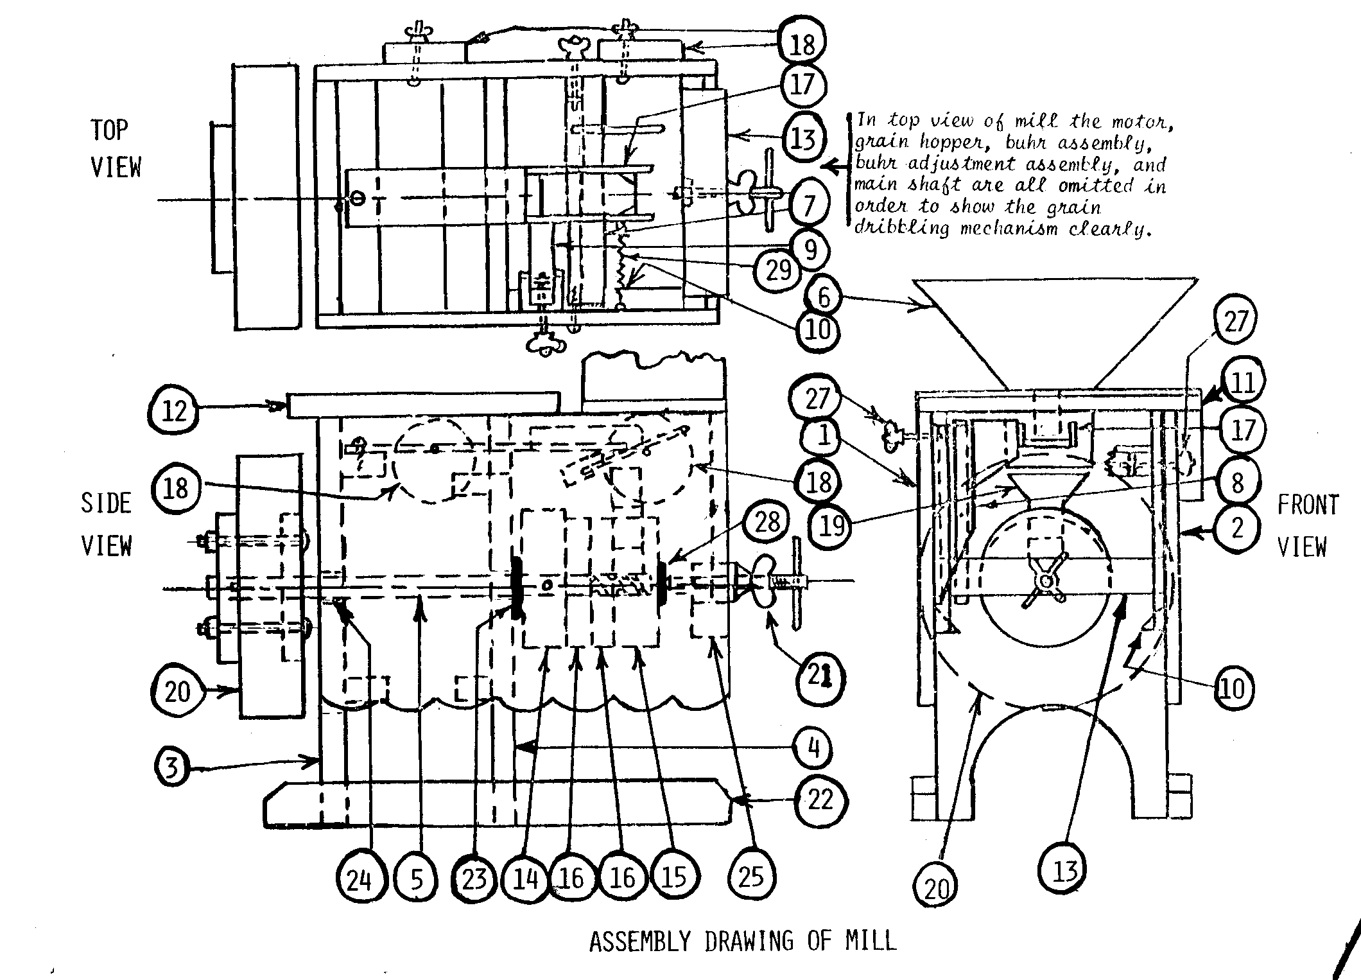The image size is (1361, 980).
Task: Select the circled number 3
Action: pos(173,767)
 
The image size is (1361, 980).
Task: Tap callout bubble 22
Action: pos(820,800)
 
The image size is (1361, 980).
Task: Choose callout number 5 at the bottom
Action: pos(418,879)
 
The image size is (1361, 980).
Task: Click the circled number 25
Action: pos(750,877)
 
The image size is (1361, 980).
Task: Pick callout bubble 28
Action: pos(767,522)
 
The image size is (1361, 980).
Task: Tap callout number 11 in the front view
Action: pos(1242,383)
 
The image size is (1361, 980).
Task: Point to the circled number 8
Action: pos(1237,483)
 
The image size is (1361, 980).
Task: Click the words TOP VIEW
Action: pos(116,148)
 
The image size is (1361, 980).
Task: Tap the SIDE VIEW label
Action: pos(107,524)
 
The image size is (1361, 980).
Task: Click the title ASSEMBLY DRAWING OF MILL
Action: pos(743,941)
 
